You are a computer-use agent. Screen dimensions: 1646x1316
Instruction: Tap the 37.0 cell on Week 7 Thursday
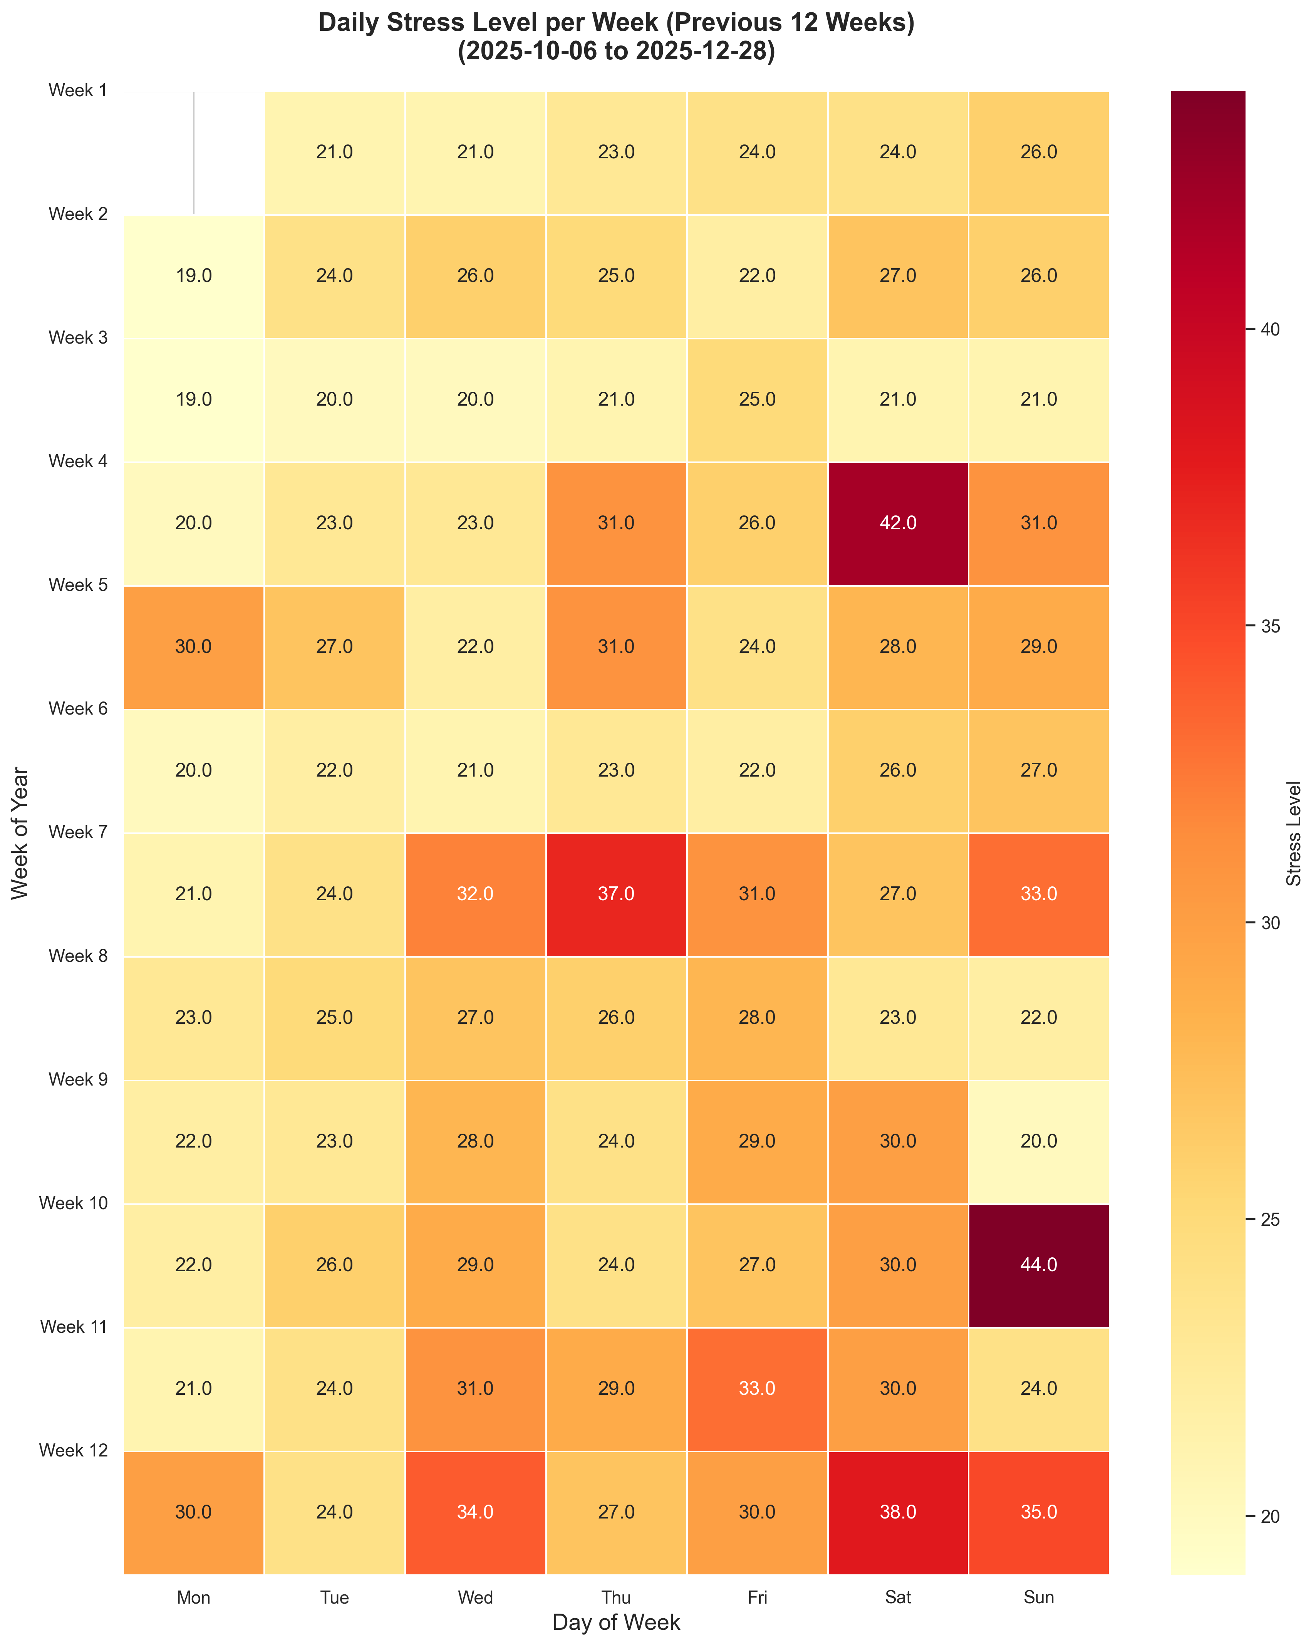click(616, 894)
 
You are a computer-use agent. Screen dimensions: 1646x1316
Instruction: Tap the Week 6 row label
click(77, 708)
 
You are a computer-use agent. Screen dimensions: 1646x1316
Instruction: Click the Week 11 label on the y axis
click(73, 1327)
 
